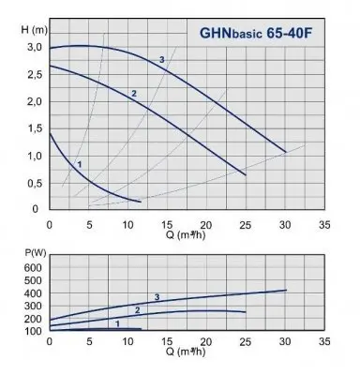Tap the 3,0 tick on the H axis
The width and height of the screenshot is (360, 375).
click(x=35, y=47)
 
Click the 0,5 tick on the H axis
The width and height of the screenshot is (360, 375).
click(x=35, y=183)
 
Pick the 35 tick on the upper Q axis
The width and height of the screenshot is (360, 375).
click(x=324, y=225)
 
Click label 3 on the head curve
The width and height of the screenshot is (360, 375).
click(x=162, y=60)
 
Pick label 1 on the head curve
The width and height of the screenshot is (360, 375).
click(x=80, y=165)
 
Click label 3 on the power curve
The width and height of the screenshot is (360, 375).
click(x=157, y=297)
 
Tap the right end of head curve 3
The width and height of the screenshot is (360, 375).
click(x=285, y=151)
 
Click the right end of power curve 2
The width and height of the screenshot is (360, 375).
click(x=246, y=312)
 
